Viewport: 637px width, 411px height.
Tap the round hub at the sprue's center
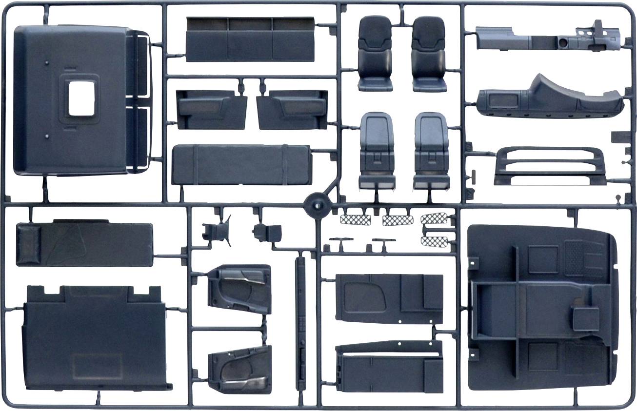(x=315, y=205)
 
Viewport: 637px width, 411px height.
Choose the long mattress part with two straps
(x=241, y=165)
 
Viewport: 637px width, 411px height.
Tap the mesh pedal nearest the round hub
(x=356, y=219)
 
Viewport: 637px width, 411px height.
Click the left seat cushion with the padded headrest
(x=375, y=54)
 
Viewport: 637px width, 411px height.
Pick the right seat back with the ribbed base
(x=431, y=151)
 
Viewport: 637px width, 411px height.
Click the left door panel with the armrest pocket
(x=211, y=109)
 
